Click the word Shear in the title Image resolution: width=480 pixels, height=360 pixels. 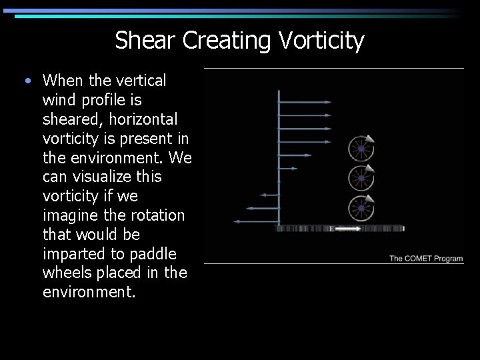click(145, 41)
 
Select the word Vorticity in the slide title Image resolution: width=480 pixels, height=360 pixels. click(321, 41)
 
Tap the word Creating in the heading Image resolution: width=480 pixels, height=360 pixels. click(227, 41)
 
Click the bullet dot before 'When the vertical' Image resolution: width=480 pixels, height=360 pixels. click(26, 81)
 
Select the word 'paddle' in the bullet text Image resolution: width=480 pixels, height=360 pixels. click(155, 254)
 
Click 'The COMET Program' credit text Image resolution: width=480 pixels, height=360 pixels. click(425, 259)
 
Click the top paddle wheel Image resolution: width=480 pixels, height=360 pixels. click(361, 148)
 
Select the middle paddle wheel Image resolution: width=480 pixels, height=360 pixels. click(361, 178)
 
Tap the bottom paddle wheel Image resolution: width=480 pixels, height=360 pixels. click(361, 208)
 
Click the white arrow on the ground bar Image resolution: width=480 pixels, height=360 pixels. click(347, 229)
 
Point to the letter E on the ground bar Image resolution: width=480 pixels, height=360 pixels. click(331, 229)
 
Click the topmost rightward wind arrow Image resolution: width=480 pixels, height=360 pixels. click(304, 102)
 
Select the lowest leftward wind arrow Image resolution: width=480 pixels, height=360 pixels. click(255, 221)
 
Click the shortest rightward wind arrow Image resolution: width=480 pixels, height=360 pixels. click(295, 155)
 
